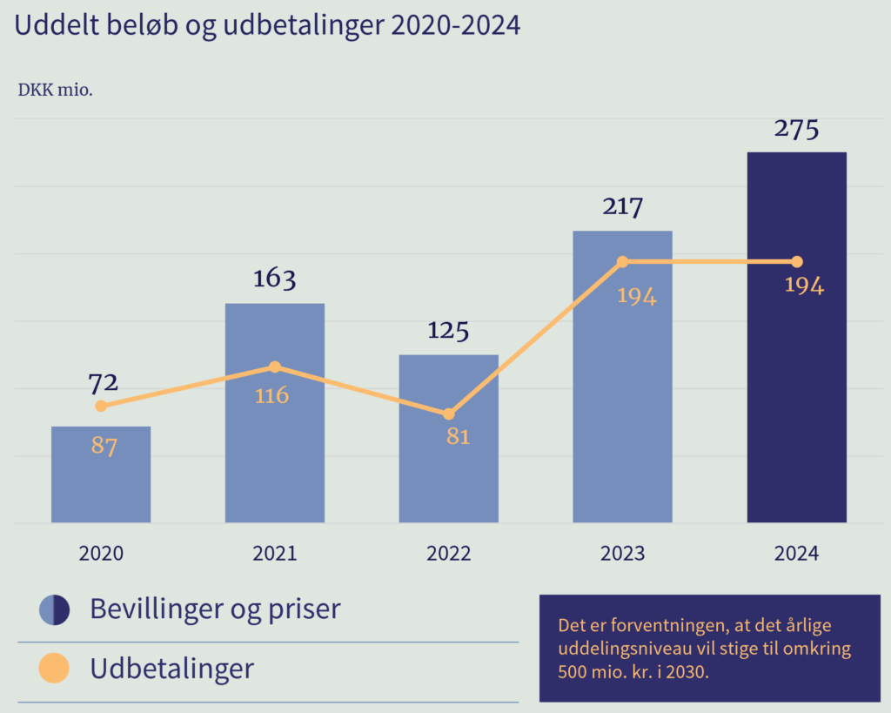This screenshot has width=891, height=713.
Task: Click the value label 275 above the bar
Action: (796, 130)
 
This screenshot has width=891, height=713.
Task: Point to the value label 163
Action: (275, 279)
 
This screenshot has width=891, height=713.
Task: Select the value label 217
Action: (622, 207)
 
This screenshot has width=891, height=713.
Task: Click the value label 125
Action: (449, 331)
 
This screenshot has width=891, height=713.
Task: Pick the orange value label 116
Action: (271, 396)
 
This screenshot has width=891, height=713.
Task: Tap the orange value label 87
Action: (104, 447)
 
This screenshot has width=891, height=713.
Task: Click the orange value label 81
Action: (458, 437)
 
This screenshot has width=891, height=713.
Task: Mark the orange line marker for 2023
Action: (622, 262)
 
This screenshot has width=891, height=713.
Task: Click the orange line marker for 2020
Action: (101, 406)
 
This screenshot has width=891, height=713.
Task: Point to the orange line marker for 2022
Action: (449, 414)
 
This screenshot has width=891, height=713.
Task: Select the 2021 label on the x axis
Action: (275, 554)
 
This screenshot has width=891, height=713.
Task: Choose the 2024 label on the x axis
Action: (796, 554)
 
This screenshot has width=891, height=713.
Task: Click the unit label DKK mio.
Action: (56, 90)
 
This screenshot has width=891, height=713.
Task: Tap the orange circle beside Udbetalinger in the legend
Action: (54, 669)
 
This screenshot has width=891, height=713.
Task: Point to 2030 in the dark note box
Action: (680, 673)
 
